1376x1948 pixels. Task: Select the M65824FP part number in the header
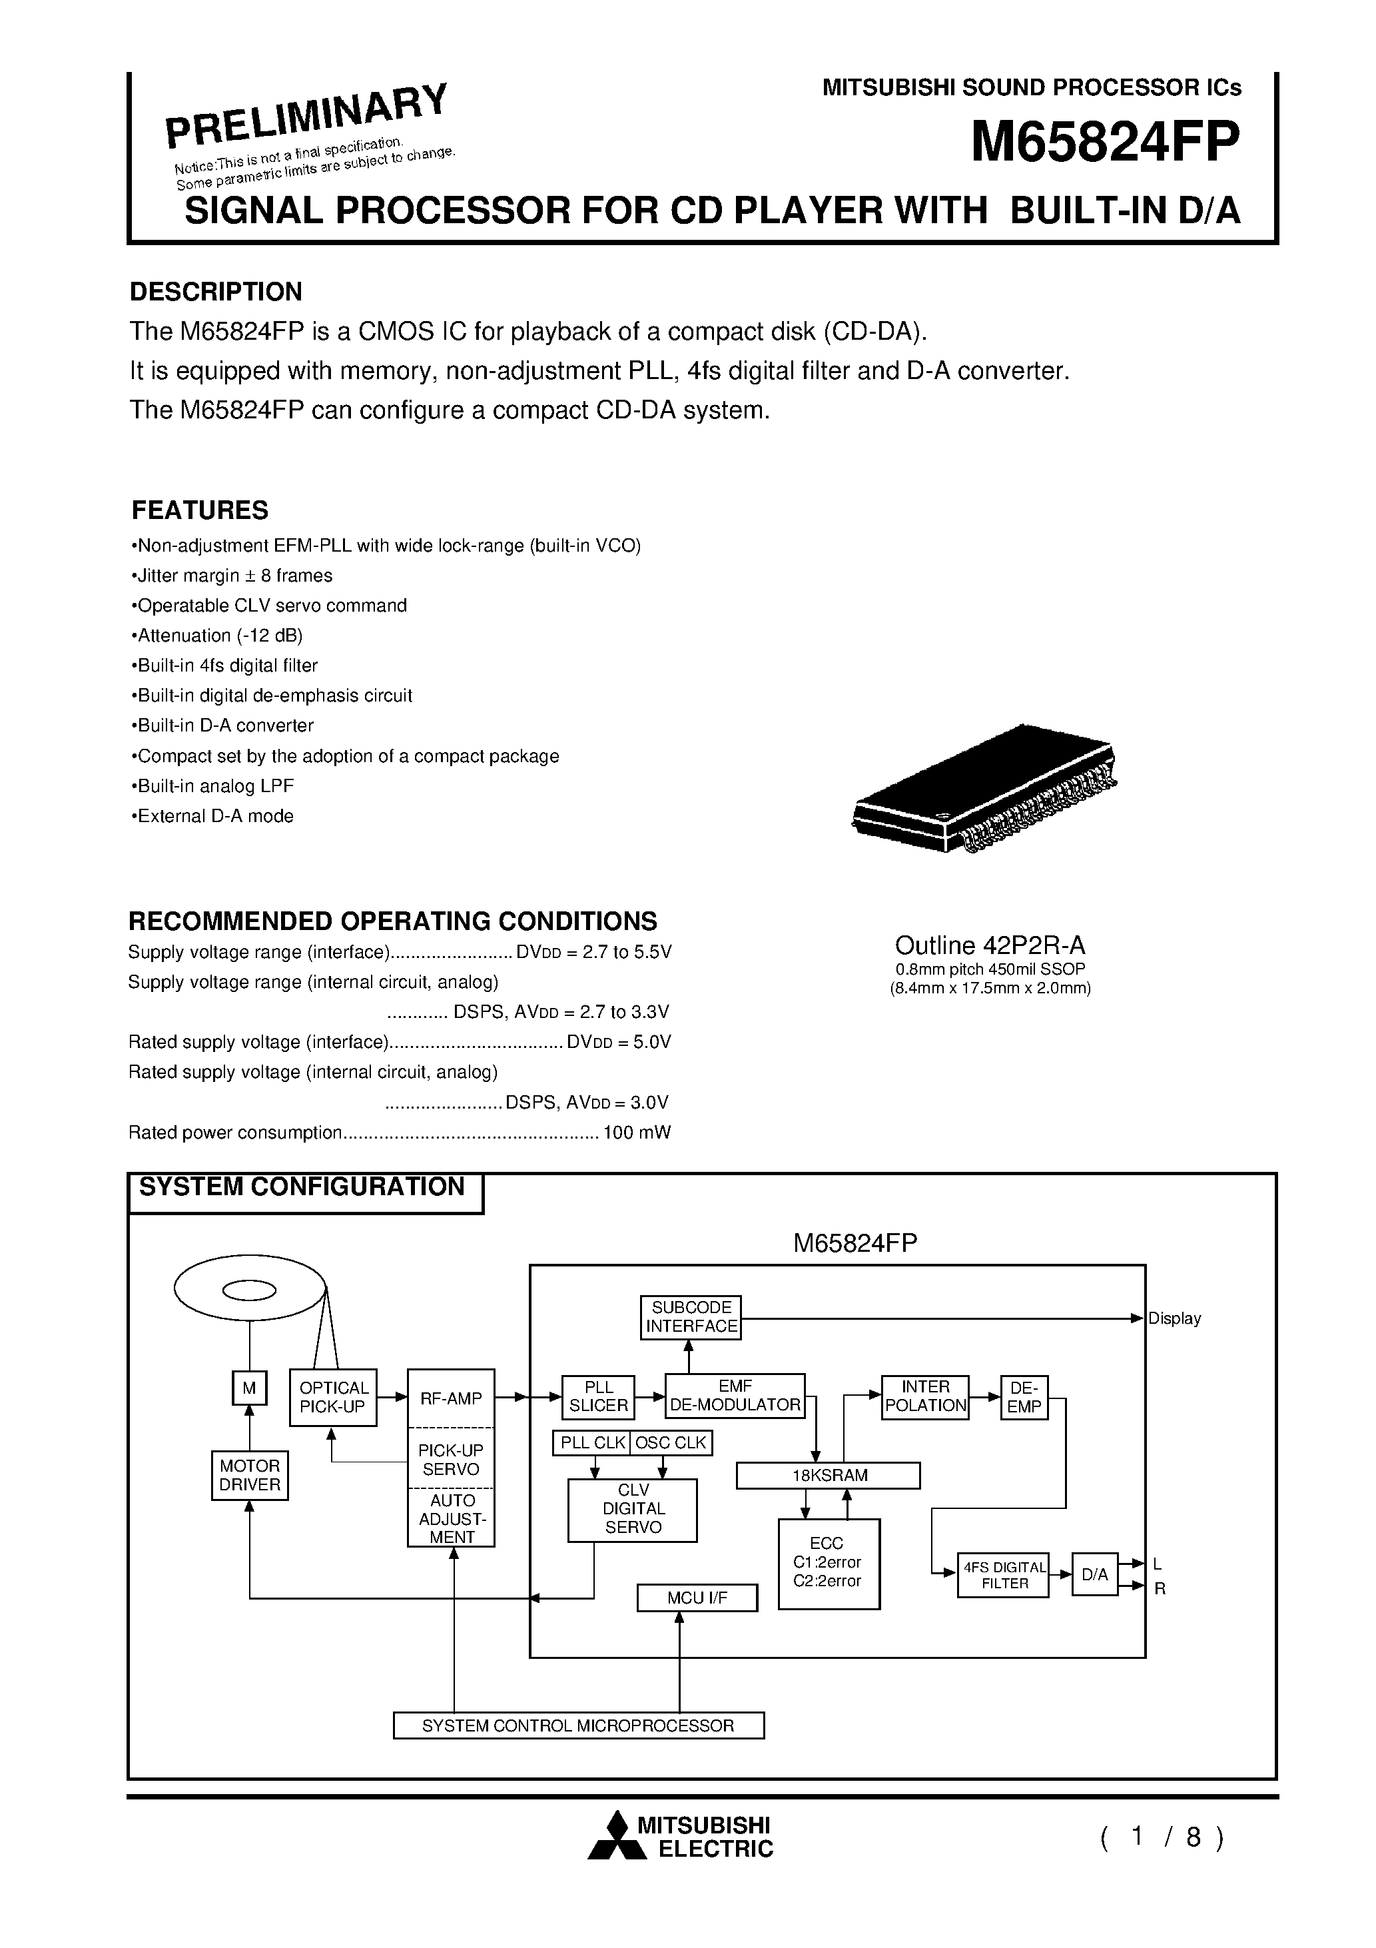click(x=1104, y=141)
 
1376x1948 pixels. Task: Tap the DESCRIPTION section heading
click(x=216, y=292)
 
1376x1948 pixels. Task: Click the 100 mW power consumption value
click(x=636, y=1133)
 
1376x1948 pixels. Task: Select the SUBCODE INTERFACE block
click(x=691, y=1317)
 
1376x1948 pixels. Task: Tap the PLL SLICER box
click(x=598, y=1396)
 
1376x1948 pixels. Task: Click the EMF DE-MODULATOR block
click(x=735, y=1396)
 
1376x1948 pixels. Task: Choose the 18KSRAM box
click(x=828, y=1476)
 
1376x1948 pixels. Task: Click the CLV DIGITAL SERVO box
click(x=633, y=1510)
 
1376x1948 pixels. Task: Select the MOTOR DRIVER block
click(x=249, y=1476)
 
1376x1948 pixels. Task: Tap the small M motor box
click(x=249, y=1388)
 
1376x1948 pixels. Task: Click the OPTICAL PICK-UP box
click(x=334, y=1396)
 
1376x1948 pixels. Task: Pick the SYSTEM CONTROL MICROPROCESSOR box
click(x=579, y=1725)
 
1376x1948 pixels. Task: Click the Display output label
click(x=1174, y=1318)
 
